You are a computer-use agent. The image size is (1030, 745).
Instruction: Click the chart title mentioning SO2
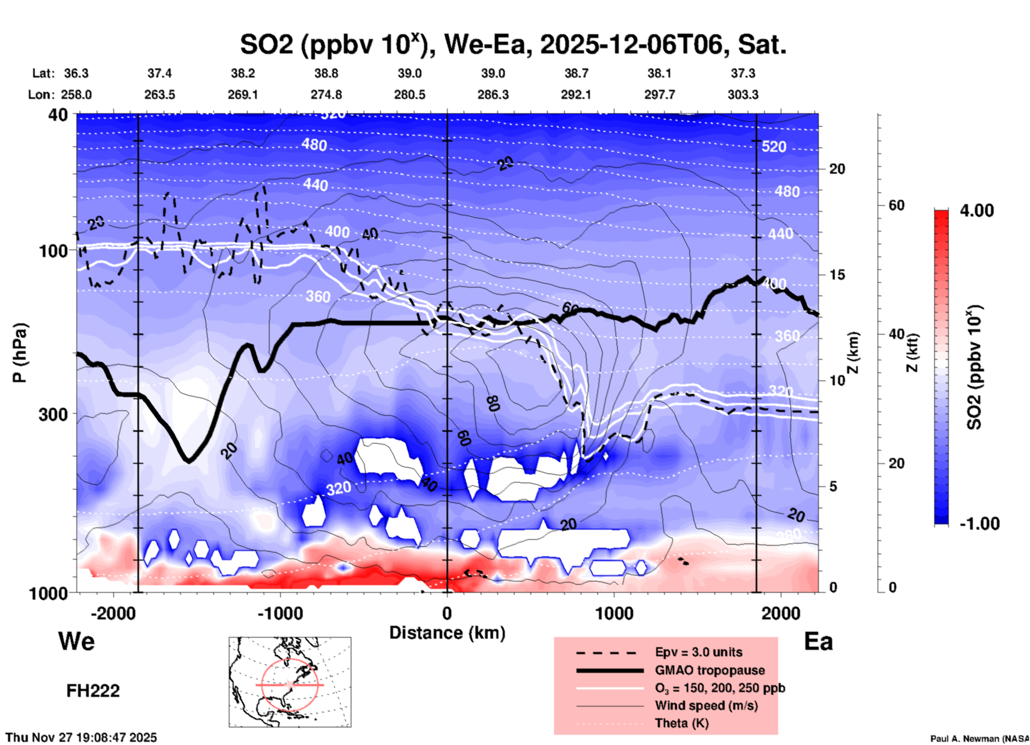point(512,44)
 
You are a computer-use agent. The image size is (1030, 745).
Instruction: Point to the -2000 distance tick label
point(113,614)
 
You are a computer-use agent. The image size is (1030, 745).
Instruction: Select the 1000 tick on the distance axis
point(614,614)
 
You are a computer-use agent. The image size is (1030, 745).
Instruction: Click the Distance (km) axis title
point(447,633)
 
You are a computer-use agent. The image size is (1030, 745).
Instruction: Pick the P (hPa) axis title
point(20,353)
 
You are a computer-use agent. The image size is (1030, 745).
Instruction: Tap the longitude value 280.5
point(410,95)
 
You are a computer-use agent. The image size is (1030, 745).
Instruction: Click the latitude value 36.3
point(76,73)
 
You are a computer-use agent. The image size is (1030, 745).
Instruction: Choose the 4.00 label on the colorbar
point(977,211)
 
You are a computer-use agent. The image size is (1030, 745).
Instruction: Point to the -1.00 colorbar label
point(979,524)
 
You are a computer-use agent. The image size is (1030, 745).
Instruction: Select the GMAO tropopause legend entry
point(709,670)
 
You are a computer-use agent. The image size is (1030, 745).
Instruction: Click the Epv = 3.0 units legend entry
point(698,653)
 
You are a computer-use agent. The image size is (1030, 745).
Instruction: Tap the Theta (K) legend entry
point(681,724)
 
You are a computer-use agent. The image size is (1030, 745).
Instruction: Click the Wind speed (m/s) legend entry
point(706,706)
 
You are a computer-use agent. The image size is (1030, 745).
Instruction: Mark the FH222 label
point(93,691)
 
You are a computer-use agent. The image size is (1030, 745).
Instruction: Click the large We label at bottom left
point(76,641)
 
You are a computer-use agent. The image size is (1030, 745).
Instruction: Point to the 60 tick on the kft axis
point(896,205)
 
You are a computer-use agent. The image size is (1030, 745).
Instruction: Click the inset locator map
point(290,682)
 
